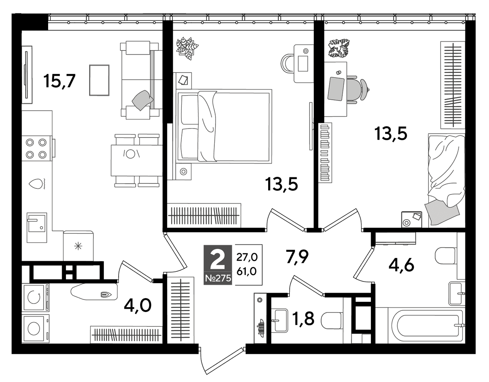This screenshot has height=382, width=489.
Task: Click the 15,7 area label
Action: pyautogui.click(x=59, y=81)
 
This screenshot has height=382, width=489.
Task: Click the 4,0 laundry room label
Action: pyautogui.click(x=138, y=306)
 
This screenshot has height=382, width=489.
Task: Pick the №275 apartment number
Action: pyautogui.click(x=218, y=279)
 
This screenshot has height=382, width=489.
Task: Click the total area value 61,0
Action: pyautogui.click(x=247, y=272)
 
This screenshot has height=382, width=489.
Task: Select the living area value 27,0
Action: pyautogui.click(x=247, y=258)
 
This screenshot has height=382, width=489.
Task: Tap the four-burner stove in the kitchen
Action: pyautogui.click(x=37, y=148)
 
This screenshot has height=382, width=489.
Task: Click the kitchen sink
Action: pyautogui.click(x=37, y=227)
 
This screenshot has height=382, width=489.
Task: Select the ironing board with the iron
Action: pyautogui.click(x=94, y=292)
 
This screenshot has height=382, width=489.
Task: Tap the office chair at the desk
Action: pyautogui.click(x=358, y=90)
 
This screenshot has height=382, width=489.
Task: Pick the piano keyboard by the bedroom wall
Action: pyautogui.click(x=325, y=153)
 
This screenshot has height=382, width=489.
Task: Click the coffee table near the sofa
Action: pyautogui.click(x=99, y=80)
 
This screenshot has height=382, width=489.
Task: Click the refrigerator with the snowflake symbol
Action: pyautogui.click(x=78, y=246)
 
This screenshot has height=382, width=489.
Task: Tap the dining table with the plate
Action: pyautogui.click(x=137, y=160)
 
